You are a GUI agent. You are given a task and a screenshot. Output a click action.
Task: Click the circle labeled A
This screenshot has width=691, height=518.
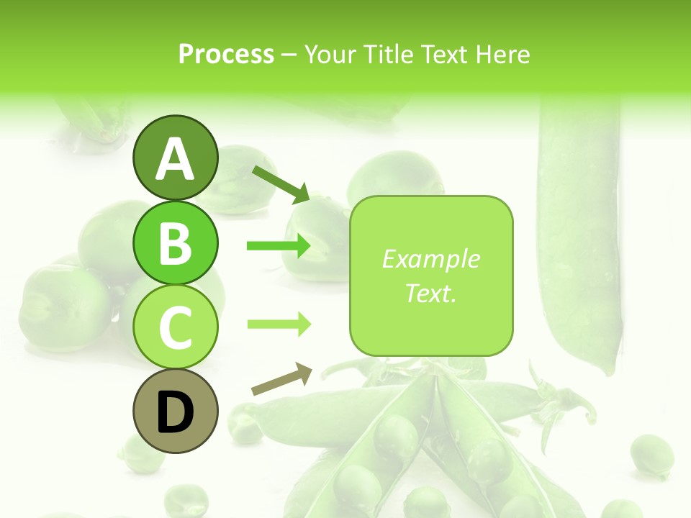click(175, 158)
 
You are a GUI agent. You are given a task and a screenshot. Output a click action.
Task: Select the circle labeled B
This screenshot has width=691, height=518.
click(175, 242)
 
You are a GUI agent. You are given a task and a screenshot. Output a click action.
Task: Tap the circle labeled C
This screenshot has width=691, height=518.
click(175, 327)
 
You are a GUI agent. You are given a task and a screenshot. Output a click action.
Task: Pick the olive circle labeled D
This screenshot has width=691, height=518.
click(175, 412)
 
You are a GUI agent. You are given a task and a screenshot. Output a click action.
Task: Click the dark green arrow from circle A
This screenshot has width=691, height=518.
click(281, 184)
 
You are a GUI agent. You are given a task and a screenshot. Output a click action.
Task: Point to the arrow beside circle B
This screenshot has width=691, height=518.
click(279, 246)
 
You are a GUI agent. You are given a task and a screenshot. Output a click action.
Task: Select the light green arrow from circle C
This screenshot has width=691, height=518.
click(279, 324)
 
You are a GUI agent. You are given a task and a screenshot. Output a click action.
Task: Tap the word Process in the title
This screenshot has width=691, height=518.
click(226, 54)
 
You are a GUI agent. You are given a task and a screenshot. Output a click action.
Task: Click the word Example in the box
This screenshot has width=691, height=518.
click(431, 259)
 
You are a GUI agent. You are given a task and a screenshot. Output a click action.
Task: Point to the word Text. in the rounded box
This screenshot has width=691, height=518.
click(431, 293)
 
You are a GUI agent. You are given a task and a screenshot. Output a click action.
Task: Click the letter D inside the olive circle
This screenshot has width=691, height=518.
click(175, 412)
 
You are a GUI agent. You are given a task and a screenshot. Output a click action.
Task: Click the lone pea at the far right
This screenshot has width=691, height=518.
click(651, 454)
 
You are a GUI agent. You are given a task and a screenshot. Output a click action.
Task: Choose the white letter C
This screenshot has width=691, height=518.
click(175, 328)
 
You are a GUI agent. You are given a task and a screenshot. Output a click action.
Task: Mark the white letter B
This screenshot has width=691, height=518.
click(175, 243)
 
